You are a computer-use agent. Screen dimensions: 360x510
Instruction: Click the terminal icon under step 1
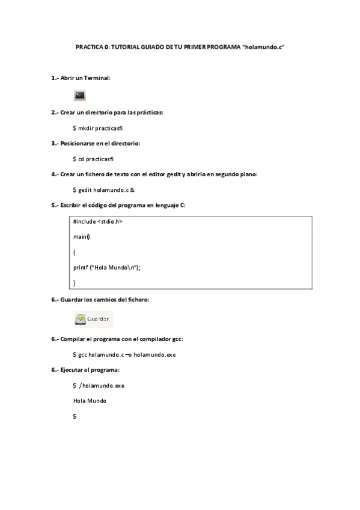click(80, 95)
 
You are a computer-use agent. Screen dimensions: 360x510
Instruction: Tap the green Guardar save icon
click(81, 319)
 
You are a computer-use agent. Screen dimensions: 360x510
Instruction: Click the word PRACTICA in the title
click(88, 46)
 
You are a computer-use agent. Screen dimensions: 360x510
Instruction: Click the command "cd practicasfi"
click(96, 159)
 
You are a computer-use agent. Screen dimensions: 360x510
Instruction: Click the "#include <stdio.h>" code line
click(97, 221)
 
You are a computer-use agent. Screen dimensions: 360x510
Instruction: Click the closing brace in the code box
click(75, 282)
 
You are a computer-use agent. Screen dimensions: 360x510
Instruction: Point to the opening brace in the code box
click(75, 252)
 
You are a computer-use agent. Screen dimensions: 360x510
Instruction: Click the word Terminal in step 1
click(97, 78)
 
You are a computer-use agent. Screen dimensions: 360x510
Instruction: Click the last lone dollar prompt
click(75, 416)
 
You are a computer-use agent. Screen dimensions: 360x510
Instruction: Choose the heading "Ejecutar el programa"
click(90, 369)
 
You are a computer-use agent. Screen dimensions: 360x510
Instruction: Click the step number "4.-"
click(55, 174)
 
